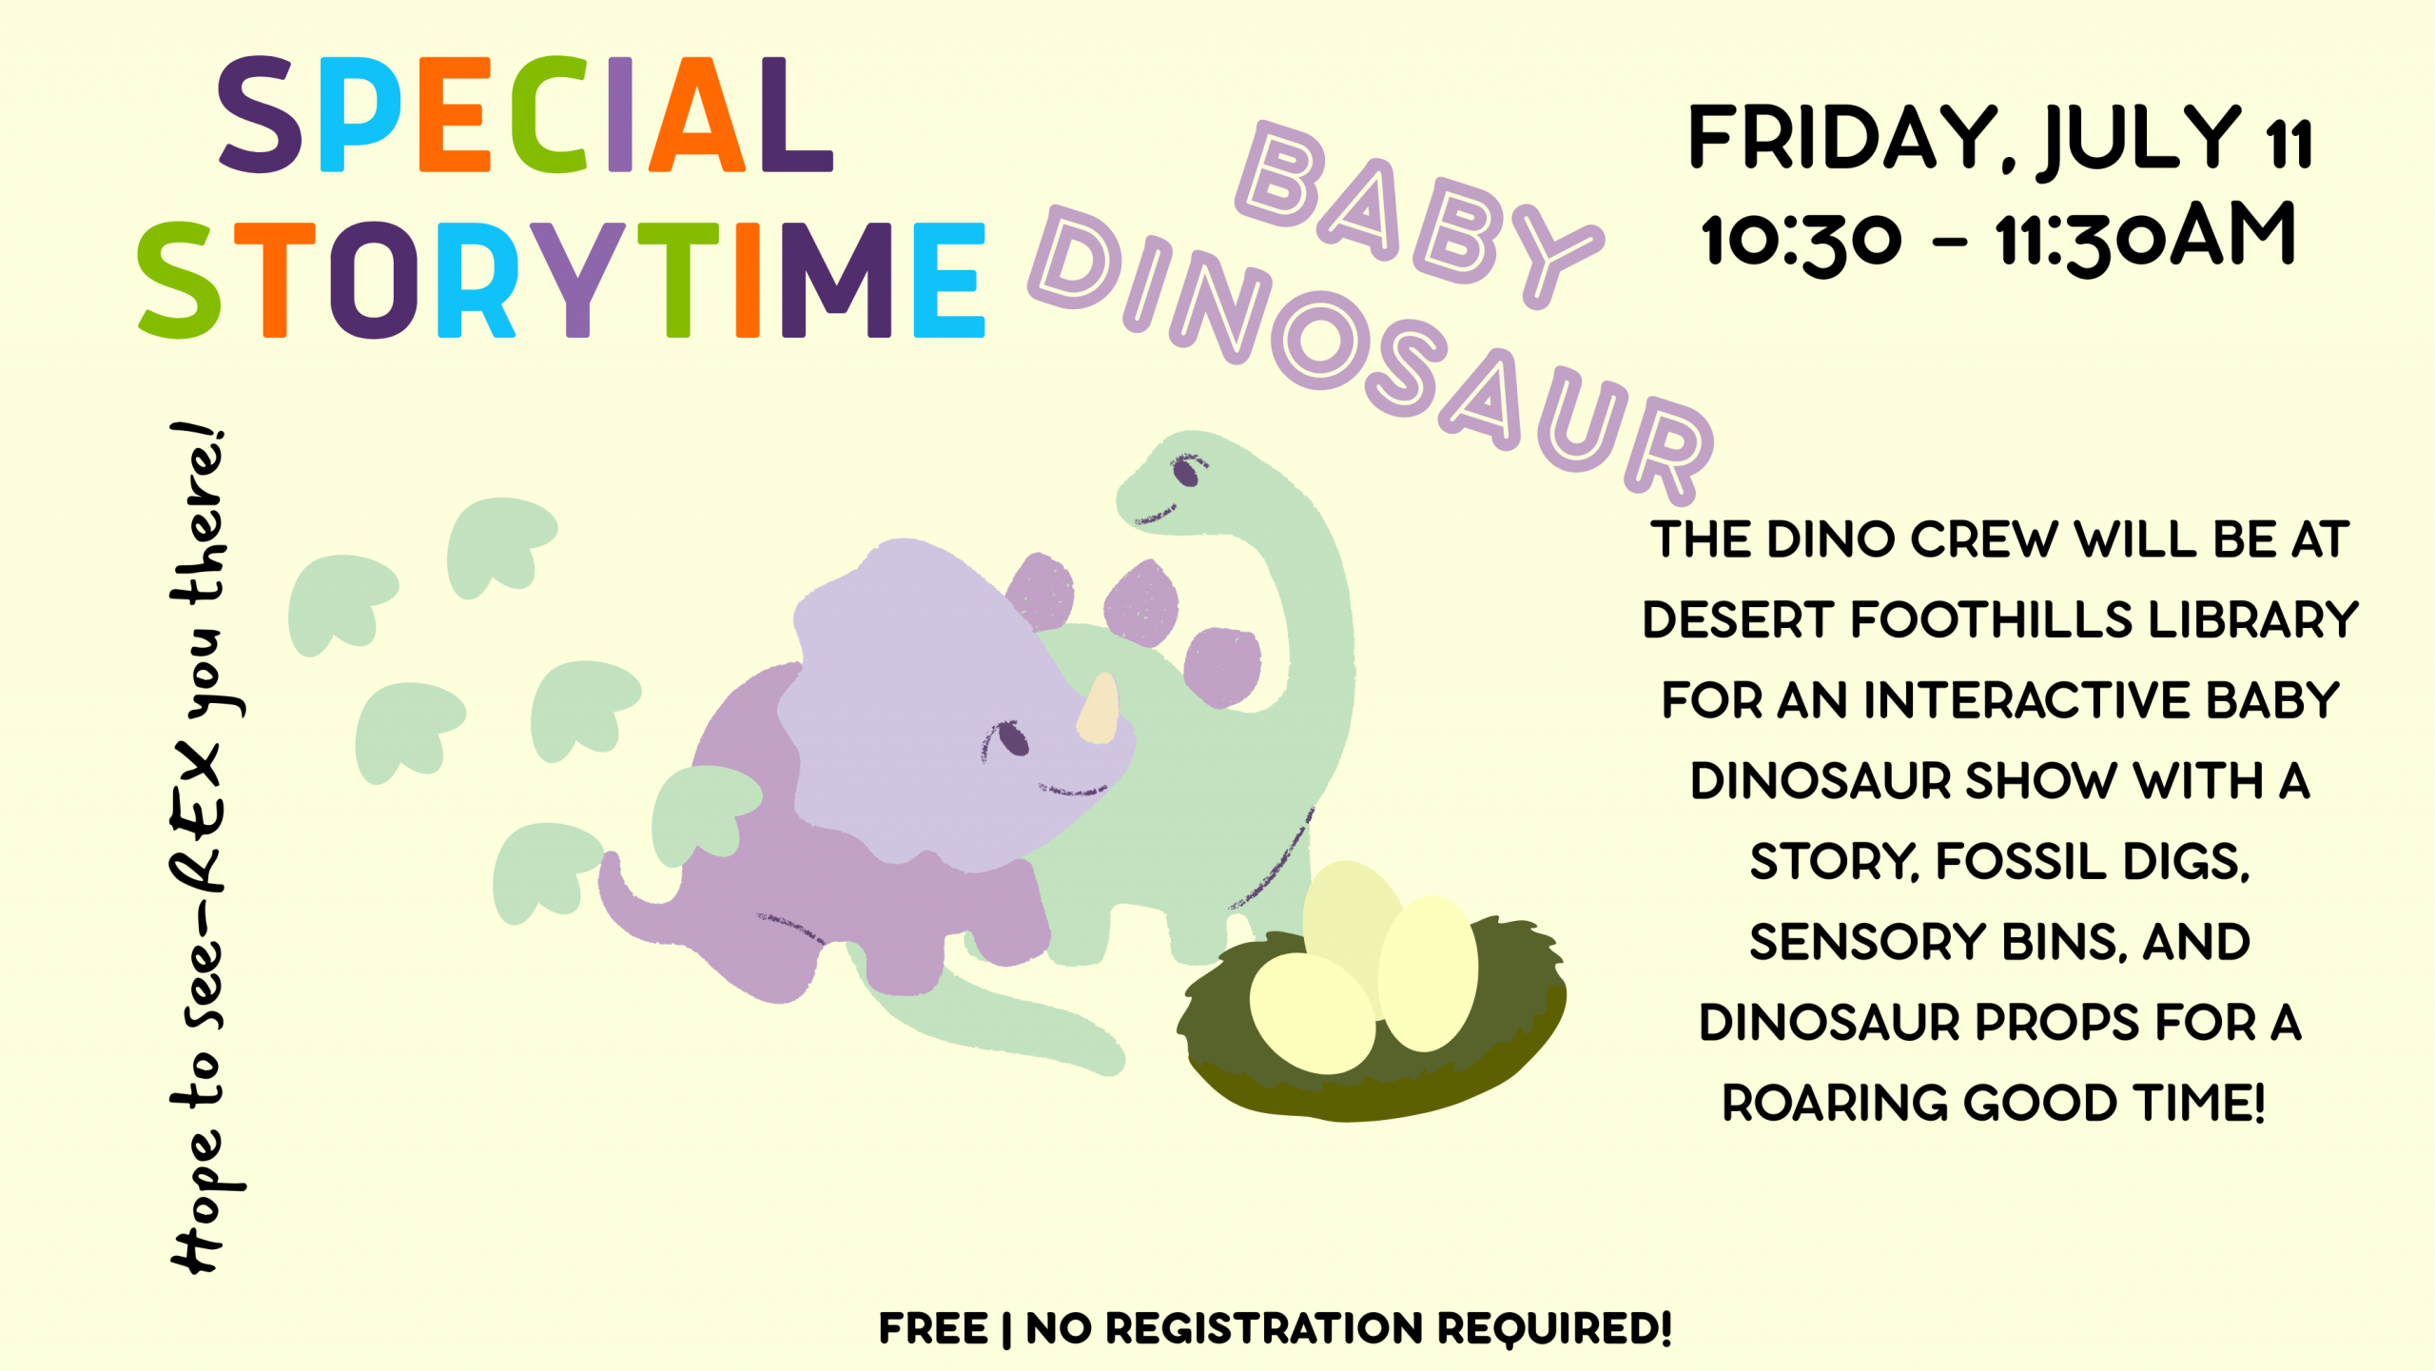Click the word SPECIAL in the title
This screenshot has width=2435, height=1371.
pyautogui.click(x=525, y=115)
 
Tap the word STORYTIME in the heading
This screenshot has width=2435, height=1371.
pyautogui.click(x=561, y=280)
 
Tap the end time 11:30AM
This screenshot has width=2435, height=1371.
pyautogui.click(x=2146, y=237)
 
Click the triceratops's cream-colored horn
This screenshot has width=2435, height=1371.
pyautogui.click(x=1098, y=708)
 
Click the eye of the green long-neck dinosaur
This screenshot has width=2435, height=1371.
pyautogui.click(x=1185, y=470)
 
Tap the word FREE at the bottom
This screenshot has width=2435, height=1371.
pyautogui.click(x=933, y=1329)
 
